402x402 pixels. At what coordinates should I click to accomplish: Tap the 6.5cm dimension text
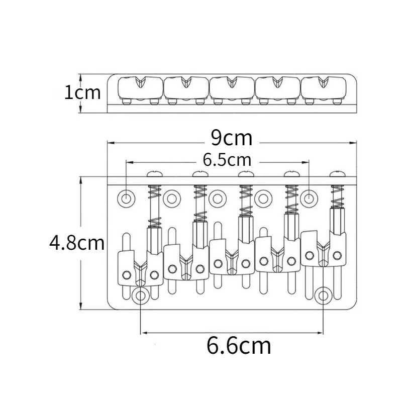[227, 160]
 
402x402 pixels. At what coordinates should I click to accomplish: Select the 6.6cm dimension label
[239, 346]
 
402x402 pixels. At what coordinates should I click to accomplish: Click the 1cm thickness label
[82, 92]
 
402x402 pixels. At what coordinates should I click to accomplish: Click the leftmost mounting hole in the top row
[126, 198]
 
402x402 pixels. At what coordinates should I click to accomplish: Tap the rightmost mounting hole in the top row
[309, 198]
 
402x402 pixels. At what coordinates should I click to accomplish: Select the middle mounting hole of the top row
[218, 198]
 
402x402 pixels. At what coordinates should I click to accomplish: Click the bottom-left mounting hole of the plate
[141, 295]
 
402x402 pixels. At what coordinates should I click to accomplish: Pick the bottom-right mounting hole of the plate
[323, 295]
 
